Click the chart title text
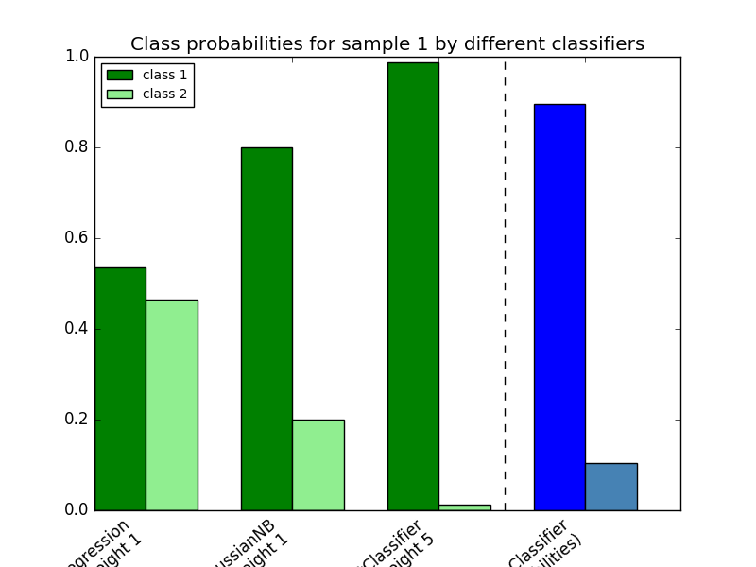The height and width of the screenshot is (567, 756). (x=387, y=43)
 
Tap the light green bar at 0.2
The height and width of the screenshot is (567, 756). (x=318, y=465)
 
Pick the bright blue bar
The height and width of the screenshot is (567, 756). (x=559, y=307)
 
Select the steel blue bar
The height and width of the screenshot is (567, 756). (x=610, y=487)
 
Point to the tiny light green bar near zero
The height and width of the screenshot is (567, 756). (x=464, y=507)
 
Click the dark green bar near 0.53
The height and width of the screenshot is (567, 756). (x=120, y=388)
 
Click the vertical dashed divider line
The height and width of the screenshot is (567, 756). (x=505, y=283)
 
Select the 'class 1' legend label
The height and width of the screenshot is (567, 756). (x=164, y=75)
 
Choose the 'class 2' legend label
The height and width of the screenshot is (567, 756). (x=164, y=94)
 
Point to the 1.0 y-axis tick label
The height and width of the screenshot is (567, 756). (x=77, y=57)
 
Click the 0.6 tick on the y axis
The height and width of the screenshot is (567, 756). (x=77, y=238)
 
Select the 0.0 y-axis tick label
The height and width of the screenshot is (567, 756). (x=77, y=510)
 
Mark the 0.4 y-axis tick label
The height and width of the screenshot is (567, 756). (x=77, y=329)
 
